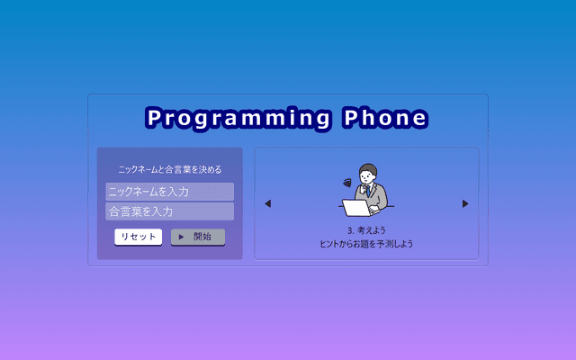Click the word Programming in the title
(x=238, y=119)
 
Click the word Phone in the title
(x=385, y=118)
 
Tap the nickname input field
(x=170, y=192)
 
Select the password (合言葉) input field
(x=170, y=211)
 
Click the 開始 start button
(x=198, y=237)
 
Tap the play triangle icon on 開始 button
(x=181, y=237)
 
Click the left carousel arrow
(x=268, y=203)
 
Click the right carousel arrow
(x=465, y=203)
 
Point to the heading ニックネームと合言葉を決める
(x=170, y=170)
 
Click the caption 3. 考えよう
(x=366, y=230)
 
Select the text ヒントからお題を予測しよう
(x=366, y=244)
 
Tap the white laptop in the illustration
(x=357, y=208)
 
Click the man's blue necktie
(x=367, y=191)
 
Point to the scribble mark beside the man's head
(x=347, y=183)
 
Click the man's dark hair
(x=368, y=168)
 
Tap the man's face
(x=367, y=177)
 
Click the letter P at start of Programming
(x=155, y=118)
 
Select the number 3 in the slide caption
(x=350, y=231)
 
